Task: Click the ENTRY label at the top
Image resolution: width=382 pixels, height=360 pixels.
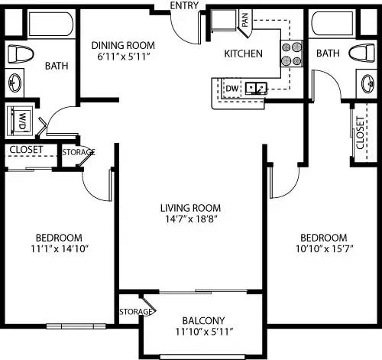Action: pyautogui.click(x=184, y=5)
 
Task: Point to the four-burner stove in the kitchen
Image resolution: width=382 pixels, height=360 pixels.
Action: pyautogui.click(x=290, y=54)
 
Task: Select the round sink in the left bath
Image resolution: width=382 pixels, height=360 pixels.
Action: pyautogui.click(x=15, y=82)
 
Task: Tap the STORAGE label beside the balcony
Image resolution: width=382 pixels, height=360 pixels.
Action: pyautogui.click(x=136, y=312)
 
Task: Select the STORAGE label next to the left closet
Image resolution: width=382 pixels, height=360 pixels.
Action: pyautogui.click(x=78, y=152)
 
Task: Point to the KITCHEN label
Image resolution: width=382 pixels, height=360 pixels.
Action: pyautogui.click(x=243, y=54)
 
